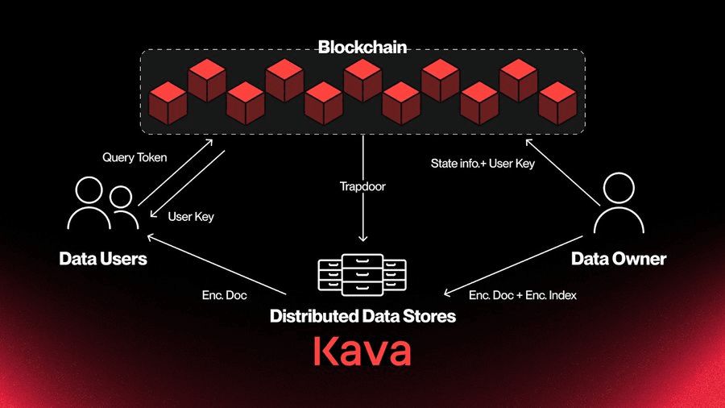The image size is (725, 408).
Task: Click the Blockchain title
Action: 362,48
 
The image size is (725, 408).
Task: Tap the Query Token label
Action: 135,157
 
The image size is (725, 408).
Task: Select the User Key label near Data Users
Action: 191,216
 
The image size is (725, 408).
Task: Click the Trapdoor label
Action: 362,186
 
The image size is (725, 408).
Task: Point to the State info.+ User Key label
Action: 483,164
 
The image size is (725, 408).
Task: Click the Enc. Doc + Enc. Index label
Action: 523,295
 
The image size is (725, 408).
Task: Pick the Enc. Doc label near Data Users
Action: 224,295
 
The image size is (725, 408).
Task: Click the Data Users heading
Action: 103,259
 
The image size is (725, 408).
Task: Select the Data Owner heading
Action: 619,259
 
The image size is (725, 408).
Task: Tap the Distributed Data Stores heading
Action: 363,316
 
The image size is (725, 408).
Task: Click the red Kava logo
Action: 362,351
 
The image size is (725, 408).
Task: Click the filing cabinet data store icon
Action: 362,275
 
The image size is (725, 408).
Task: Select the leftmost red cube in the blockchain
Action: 168,103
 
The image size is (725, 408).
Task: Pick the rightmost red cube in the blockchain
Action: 557,103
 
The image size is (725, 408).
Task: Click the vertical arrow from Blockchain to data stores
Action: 363,188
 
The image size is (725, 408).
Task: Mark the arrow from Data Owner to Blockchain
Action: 563,172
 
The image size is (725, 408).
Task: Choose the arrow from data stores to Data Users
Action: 217,264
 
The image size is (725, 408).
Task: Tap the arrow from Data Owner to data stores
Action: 513,265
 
